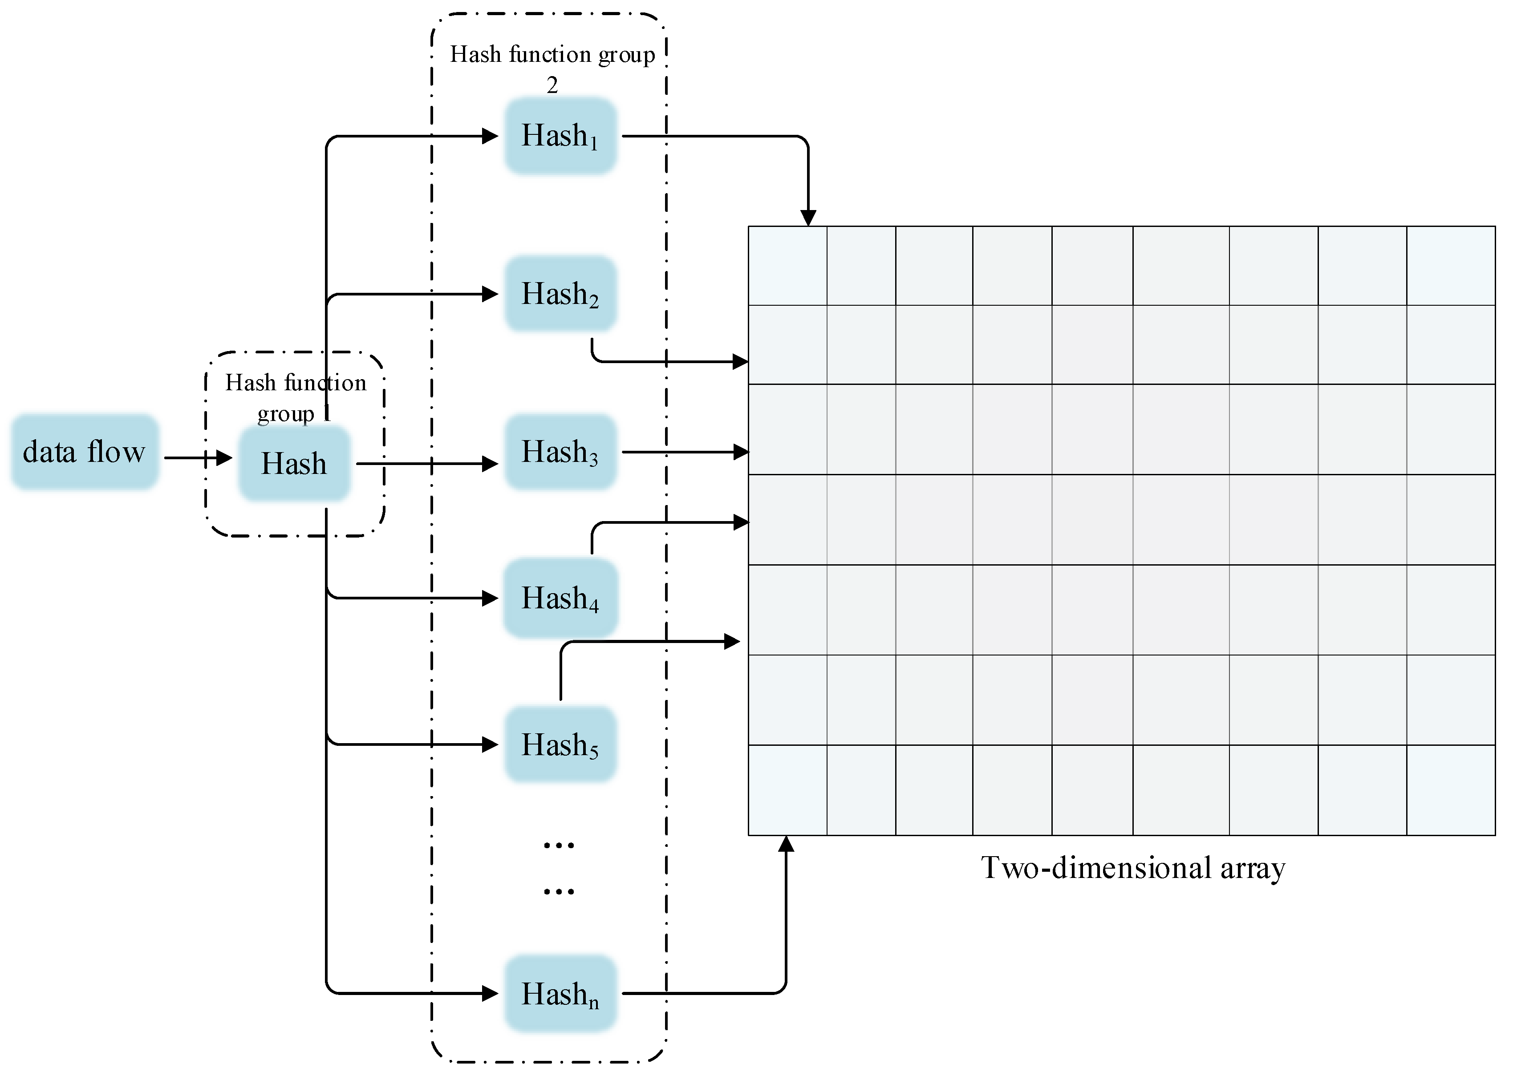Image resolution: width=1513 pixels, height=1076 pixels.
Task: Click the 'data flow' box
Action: point(84,452)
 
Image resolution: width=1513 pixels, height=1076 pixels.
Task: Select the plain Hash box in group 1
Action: point(294,463)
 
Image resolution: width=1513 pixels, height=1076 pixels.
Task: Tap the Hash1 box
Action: point(560,136)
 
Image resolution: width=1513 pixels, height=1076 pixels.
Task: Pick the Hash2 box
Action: point(560,294)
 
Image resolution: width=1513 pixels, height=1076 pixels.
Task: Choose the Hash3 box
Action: point(560,452)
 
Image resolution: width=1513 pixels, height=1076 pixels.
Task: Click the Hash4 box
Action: point(560,598)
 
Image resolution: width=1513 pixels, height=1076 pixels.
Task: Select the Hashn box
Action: point(560,993)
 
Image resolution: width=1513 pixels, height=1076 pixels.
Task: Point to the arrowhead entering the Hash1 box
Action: point(491,137)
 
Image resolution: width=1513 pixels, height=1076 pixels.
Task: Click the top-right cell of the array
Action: point(1450,265)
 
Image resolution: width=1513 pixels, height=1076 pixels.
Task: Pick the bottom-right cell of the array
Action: point(1450,790)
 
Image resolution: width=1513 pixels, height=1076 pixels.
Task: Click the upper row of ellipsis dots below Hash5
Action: point(559,845)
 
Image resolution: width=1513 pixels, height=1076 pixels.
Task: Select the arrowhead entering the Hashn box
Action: point(491,993)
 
